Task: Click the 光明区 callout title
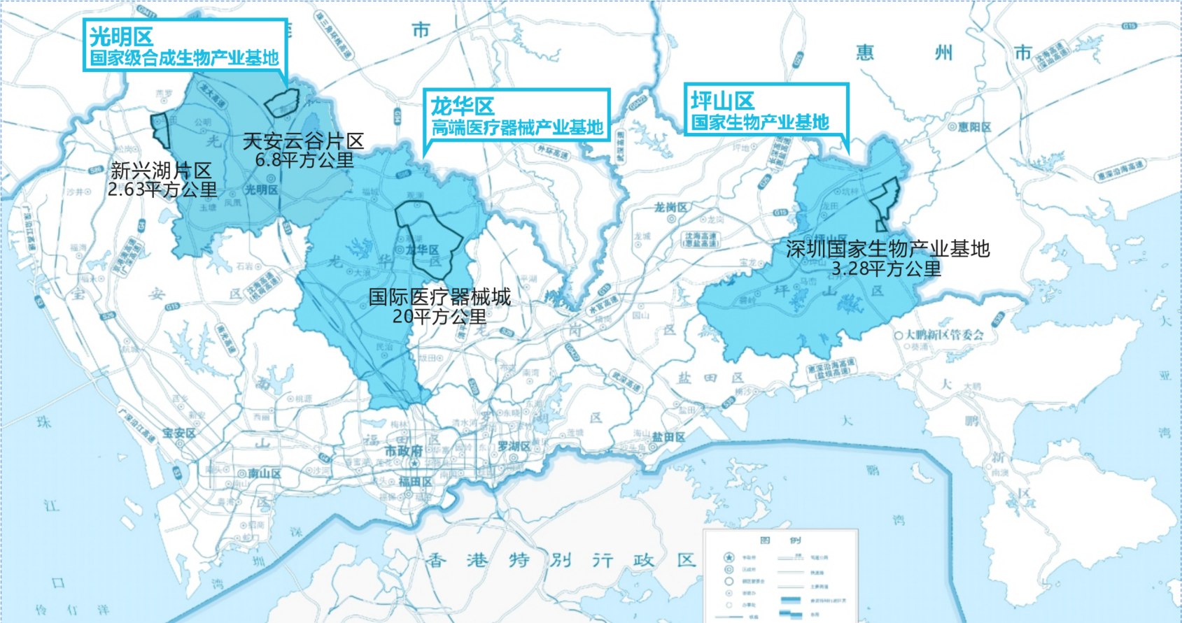pos(121,36)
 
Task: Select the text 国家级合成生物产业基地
pos(184,58)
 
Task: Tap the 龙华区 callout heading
pos(462,106)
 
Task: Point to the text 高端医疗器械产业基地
pos(516,127)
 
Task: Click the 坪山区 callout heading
pos(722,101)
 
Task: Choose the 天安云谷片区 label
pos(303,141)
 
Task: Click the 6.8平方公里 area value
pos(304,160)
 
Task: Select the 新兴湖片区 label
pos(161,171)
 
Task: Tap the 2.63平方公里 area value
pos(162,189)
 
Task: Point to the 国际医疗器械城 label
pos(439,297)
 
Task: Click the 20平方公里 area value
pos(439,317)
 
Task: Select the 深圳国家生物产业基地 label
pos(887,249)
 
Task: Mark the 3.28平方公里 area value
pos(886,268)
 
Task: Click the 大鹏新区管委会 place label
pos(944,335)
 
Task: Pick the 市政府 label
pos(403,451)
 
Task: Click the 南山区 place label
pos(265,474)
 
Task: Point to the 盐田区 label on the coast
pos(668,437)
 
